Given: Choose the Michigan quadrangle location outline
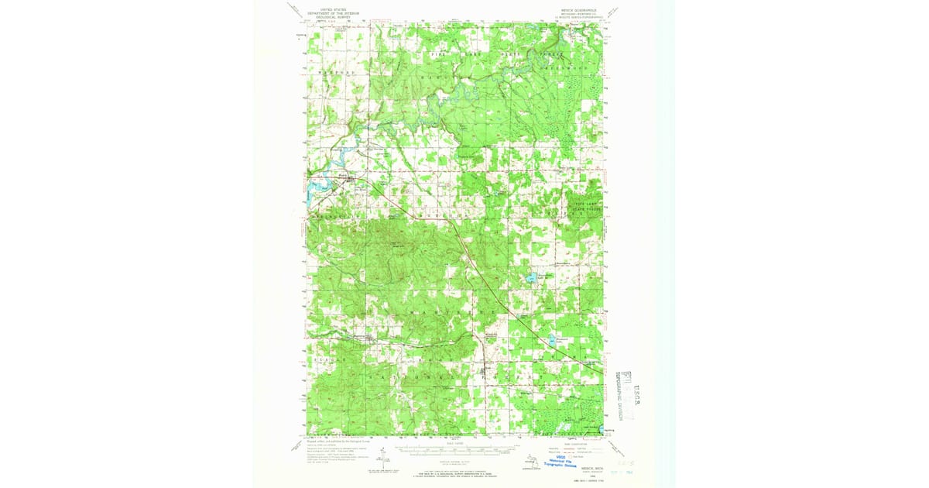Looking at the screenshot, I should coord(530,462).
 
